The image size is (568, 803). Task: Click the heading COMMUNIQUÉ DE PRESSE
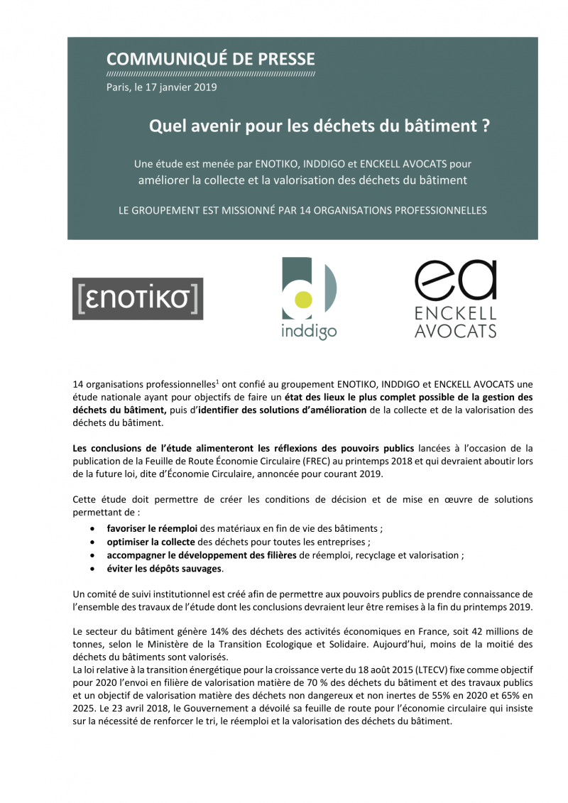click(x=210, y=59)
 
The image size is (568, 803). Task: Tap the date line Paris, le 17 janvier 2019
click(x=161, y=87)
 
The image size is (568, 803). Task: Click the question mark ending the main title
click(x=485, y=126)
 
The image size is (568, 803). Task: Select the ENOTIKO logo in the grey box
click(x=138, y=298)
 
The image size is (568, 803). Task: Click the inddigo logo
click(x=309, y=298)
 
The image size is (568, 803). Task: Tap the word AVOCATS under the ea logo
click(x=455, y=330)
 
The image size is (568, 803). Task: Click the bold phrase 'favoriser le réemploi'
click(x=152, y=529)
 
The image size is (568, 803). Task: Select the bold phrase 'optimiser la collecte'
click(x=151, y=542)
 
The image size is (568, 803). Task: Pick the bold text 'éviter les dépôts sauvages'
click(x=164, y=569)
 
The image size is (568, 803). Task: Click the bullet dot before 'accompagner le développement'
click(x=94, y=556)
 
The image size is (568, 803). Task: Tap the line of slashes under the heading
click(x=210, y=74)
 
